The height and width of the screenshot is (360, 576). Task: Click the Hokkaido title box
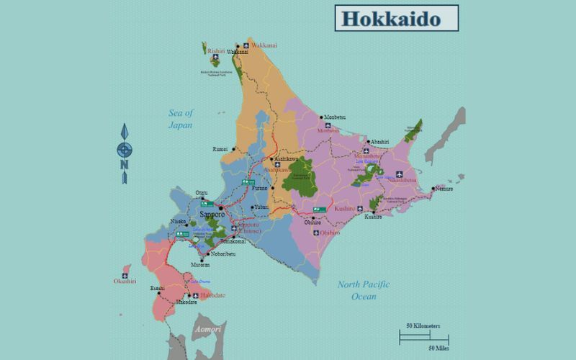(396, 18)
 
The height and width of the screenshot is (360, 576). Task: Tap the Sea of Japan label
(181, 119)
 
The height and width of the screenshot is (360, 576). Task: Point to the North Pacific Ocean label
(364, 290)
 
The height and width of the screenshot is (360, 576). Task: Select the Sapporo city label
(212, 215)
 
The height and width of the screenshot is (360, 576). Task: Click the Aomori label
(207, 329)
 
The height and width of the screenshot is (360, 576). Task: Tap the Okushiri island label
(125, 281)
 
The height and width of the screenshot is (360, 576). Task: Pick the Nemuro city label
(444, 189)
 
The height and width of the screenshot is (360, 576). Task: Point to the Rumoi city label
(220, 148)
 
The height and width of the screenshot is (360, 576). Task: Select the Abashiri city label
(379, 141)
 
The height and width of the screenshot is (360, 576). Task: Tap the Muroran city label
(200, 265)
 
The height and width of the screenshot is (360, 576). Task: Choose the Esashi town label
(156, 288)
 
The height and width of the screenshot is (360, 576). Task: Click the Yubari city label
(261, 207)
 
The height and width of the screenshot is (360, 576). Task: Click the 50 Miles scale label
(438, 348)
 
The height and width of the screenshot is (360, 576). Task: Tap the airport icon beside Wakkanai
(246, 45)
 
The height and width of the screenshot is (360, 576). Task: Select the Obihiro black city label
(312, 222)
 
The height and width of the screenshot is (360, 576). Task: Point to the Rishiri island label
(216, 52)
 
